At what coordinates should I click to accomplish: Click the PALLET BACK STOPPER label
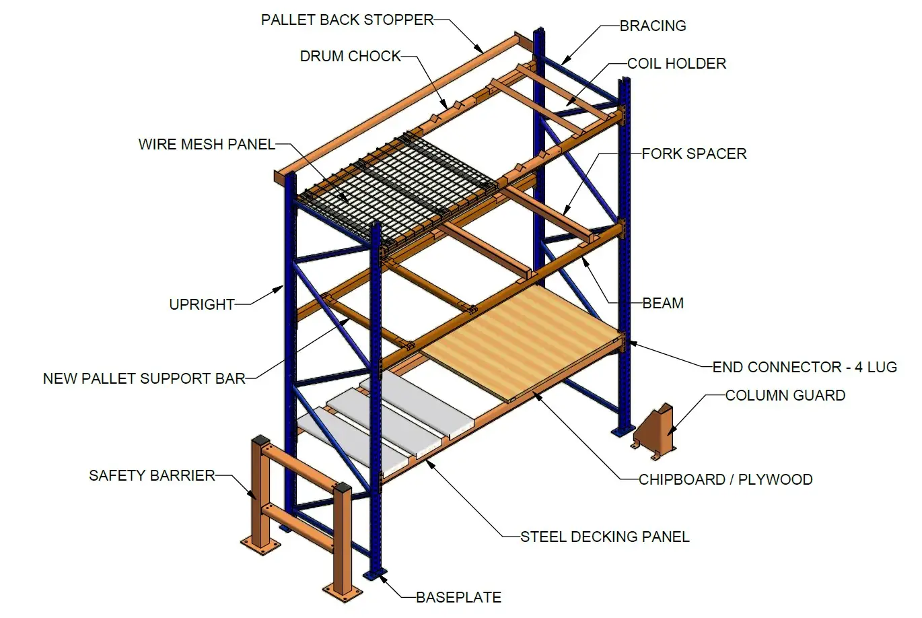click(x=347, y=20)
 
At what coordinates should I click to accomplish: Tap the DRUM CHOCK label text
click(x=351, y=57)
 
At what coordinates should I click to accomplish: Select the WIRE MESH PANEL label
click(x=207, y=144)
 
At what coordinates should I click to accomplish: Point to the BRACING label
click(x=653, y=26)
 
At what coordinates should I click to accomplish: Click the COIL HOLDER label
click(x=676, y=64)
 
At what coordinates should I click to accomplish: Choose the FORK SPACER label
click(x=694, y=154)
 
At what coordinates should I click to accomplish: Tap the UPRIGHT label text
click(x=202, y=304)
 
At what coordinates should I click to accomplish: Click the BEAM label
click(x=663, y=304)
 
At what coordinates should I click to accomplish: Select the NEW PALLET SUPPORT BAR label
click(x=144, y=379)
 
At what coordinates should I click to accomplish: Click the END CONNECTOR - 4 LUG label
click(x=804, y=368)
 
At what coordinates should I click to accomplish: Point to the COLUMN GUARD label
click(x=785, y=396)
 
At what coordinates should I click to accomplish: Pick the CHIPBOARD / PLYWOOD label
click(x=725, y=480)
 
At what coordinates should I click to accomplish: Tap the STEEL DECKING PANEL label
click(x=604, y=537)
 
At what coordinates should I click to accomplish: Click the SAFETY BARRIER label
click(x=152, y=476)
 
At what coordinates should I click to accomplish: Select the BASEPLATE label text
click(x=458, y=598)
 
